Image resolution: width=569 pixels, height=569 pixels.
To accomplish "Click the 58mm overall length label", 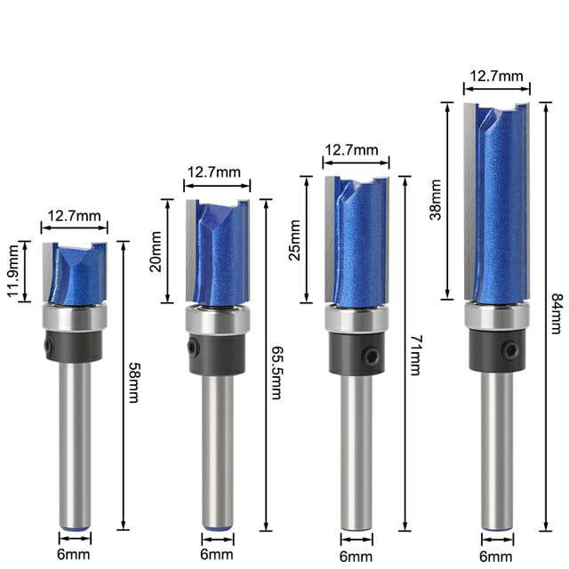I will tap(133, 381).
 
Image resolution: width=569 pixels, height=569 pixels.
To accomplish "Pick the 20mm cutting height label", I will tap(156, 252).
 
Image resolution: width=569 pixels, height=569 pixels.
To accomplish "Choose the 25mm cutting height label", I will tap(295, 240).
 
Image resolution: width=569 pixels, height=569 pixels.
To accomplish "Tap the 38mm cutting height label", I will tap(435, 201).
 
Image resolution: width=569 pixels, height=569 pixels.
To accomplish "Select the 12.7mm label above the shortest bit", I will tap(74, 214).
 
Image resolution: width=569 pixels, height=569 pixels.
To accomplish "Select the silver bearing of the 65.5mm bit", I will tap(217, 320).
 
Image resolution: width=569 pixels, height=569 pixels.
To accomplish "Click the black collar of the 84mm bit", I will tap(496, 350).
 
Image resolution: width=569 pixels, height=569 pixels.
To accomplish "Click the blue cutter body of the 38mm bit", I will tap(501, 204).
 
